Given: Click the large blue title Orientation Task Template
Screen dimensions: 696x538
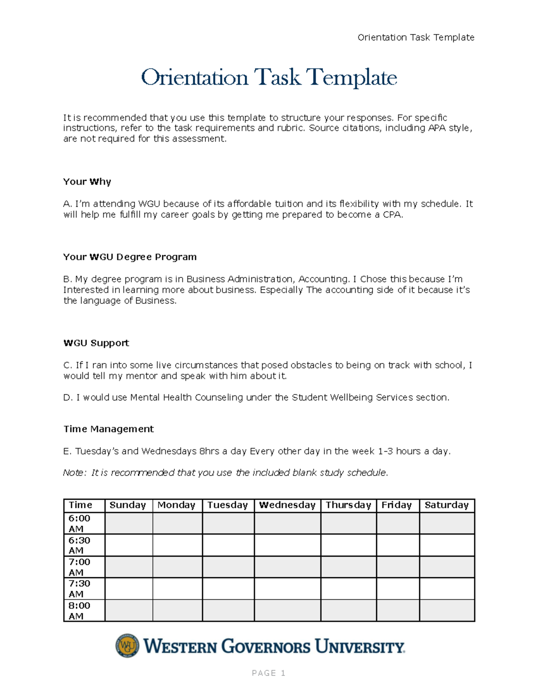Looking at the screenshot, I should click(x=269, y=78).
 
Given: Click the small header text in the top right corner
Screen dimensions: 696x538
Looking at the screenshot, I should click(x=416, y=38).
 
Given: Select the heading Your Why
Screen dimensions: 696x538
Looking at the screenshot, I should click(x=87, y=182).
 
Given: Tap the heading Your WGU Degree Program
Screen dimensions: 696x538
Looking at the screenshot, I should click(x=130, y=257).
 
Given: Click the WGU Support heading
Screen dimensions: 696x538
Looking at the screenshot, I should click(x=96, y=343).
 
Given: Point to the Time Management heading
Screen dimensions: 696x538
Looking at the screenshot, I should click(x=108, y=429).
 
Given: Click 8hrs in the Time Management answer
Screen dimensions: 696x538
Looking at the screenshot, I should click(x=209, y=451).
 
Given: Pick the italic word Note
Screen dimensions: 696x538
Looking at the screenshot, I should click(x=73, y=473).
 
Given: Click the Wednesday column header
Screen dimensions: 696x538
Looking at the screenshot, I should click(x=287, y=505).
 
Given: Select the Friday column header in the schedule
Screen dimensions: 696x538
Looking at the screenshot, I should click(x=396, y=505).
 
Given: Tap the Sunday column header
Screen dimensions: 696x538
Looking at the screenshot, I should click(x=128, y=505).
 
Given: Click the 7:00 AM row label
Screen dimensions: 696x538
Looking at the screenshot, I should click(x=79, y=567).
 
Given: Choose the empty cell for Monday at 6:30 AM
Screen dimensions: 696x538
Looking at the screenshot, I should click(x=177, y=545).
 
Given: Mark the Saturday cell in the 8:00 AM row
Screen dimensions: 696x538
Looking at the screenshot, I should click(x=447, y=610).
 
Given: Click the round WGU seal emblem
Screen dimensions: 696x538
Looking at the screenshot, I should click(x=127, y=646).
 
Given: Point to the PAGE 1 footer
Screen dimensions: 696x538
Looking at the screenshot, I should click(x=269, y=673).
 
